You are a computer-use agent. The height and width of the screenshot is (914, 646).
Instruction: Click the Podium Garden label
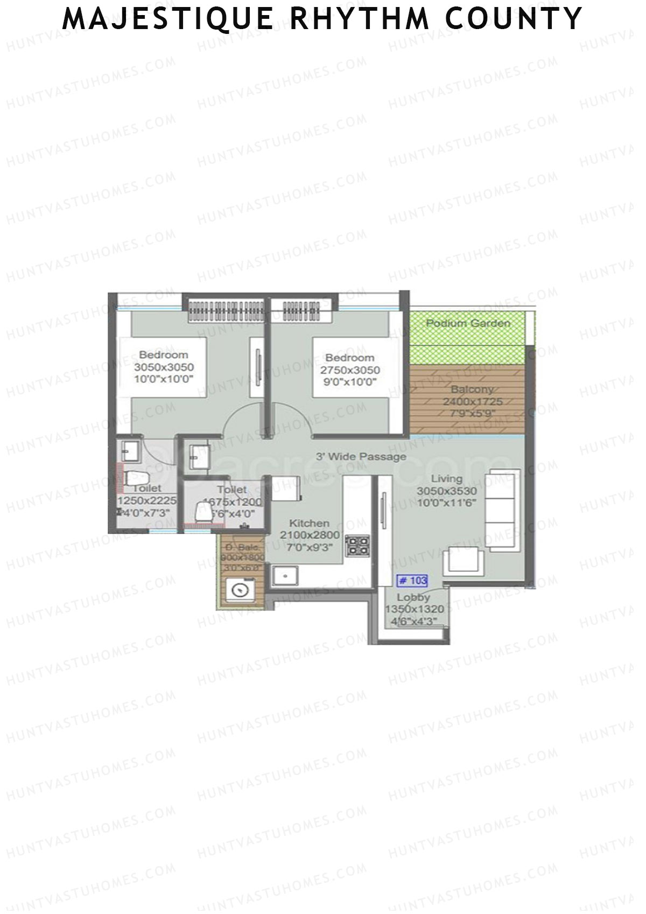tap(468, 323)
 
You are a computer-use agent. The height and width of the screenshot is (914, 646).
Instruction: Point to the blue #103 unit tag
tap(412, 581)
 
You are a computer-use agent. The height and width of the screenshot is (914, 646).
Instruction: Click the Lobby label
tap(413, 597)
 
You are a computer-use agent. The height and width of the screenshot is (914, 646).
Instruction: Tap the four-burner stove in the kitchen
tap(357, 545)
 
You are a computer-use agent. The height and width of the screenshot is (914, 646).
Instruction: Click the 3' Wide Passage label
tap(361, 457)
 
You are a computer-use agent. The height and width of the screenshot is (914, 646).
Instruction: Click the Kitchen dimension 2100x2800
tap(310, 535)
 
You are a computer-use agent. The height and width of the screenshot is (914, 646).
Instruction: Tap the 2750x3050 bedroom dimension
tap(350, 371)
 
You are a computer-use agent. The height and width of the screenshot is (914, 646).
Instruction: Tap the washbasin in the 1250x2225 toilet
tap(130, 451)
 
